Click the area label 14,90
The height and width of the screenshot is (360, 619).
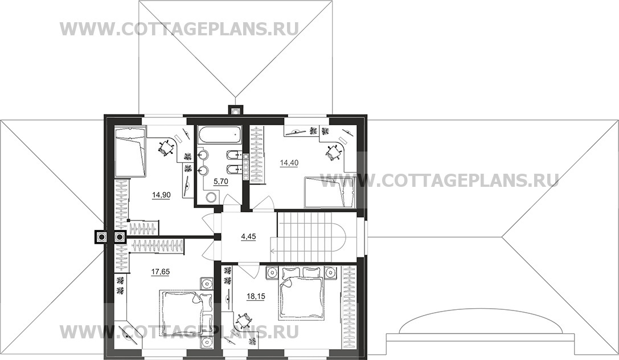pos(161,194)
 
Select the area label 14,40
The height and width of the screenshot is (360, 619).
pos(289,162)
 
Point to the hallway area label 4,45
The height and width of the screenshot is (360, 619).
pos(249,236)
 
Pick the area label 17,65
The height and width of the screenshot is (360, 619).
pos(161,271)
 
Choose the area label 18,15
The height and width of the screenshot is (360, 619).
pos(256,296)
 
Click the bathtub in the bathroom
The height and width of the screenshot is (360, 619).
pos(219,135)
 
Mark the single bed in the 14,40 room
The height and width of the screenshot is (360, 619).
pos(330,193)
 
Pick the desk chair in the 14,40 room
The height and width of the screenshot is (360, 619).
pos(333,152)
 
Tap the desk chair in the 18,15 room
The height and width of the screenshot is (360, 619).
pos(244,320)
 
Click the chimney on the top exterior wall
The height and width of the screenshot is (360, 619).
pos(236,111)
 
